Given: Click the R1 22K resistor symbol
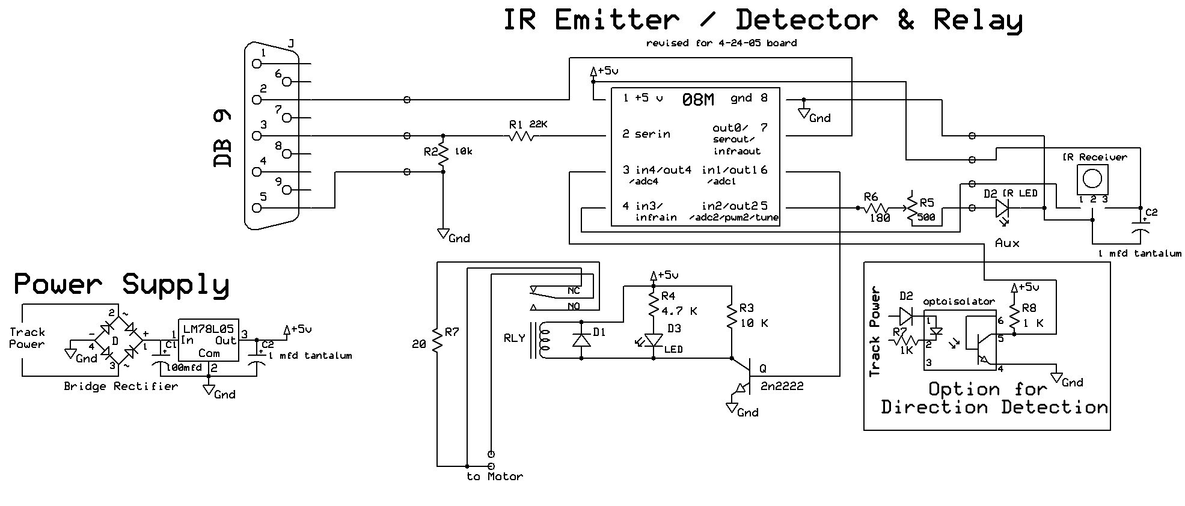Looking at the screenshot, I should click(x=521, y=137).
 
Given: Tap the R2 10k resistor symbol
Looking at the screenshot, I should click(x=443, y=154).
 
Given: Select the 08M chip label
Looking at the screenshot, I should click(x=698, y=100).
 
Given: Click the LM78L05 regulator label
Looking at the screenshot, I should click(x=208, y=328).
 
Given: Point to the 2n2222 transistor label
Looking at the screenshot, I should click(x=782, y=386).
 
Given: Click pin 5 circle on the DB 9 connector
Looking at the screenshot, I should click(x=258, y=208).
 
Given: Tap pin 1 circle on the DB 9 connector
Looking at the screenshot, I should click(x=258, y=63).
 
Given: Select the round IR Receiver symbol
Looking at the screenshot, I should click(x=1092, y=179).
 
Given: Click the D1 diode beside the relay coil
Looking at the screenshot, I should click(x=581, y=341).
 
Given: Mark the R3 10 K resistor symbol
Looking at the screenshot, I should click(x=731, y=317).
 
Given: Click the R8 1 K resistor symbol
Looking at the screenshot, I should click(x=1014, y=317).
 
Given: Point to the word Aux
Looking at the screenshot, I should click(x=1007, y=243).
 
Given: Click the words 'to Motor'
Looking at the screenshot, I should click(x=494, y=477).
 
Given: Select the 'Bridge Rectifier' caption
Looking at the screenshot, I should click(x=121, y=386).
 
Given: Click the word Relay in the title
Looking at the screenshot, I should click(x=978, y=20).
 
